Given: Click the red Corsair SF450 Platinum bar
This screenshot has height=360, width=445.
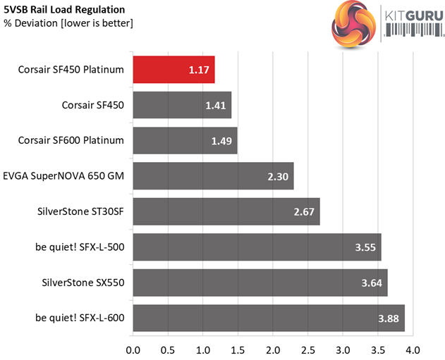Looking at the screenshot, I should point(173,70).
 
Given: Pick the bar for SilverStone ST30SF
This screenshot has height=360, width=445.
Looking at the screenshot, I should point(226,211).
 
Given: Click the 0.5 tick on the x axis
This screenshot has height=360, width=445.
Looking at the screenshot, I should point(168,349).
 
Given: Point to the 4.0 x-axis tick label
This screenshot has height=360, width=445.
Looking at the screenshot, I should point(413,349).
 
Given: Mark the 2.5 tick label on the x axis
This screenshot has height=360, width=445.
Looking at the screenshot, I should point(307,349).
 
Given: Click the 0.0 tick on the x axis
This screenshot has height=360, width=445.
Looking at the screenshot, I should point(133,349).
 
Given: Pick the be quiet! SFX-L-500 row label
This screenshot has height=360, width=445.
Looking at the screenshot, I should point(79,247).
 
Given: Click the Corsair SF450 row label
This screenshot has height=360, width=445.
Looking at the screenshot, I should point(93,105).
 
